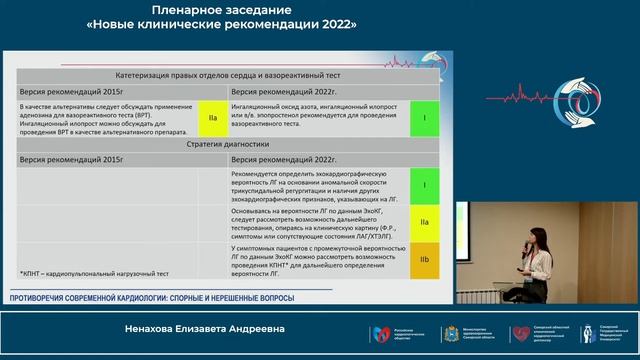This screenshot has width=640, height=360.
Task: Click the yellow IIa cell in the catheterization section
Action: tap(213, 117)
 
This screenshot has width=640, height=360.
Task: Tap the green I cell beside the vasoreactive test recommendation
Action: tap(425, 117)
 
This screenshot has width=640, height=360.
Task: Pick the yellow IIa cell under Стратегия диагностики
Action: tap(425, 222)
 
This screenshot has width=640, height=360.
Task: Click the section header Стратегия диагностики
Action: tap(226, 144)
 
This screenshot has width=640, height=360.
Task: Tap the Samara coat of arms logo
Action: tap(449, 333)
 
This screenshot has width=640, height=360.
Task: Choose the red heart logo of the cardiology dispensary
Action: tap(520, 333)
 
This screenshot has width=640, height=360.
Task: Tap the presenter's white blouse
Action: tap(541, 266)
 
